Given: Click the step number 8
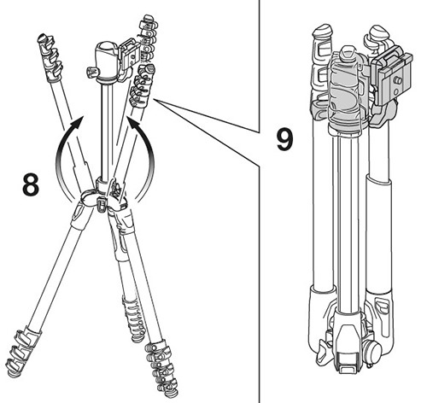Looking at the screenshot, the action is [31, 184].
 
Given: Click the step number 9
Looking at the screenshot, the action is [284, 139].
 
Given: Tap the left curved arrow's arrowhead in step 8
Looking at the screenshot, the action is [78, 123].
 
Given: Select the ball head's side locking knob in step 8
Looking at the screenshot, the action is [91, 73].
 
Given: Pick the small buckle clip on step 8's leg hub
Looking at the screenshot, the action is [101, 204].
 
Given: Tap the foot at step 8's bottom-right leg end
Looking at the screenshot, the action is [162, 370].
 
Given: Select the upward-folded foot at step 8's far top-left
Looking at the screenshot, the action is [50, 57].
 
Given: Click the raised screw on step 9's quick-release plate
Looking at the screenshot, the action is [398, 81].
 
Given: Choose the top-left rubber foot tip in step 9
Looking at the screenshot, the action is [322, 32].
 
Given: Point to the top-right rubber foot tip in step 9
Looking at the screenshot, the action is [377, 32].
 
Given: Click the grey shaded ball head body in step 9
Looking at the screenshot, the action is [346, 94].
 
